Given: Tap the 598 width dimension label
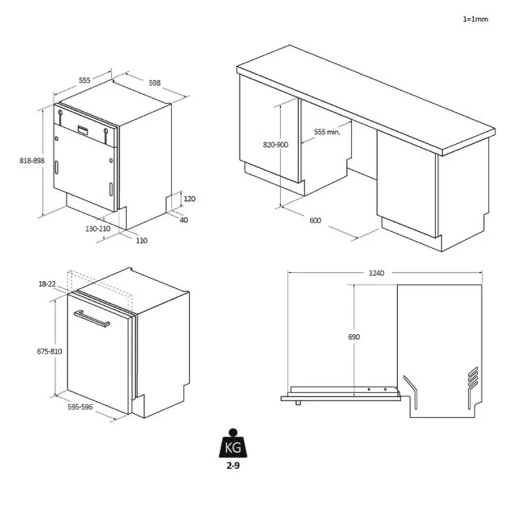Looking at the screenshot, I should point(155,83).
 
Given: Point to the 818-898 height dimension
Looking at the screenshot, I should point(32,161).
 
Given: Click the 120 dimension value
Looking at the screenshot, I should point(190,199).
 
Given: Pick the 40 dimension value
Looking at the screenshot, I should point(184,220).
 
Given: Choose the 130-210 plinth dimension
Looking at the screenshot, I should point(98,229).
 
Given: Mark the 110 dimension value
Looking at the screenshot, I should point(142,241).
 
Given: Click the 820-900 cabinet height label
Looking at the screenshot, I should point(276,145).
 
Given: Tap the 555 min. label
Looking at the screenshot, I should point(327,132).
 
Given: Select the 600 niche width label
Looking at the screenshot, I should point(315,220).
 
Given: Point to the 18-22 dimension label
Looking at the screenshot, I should point(47,284).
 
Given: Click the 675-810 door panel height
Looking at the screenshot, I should point(49,351).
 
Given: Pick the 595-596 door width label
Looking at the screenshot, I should point(80,407).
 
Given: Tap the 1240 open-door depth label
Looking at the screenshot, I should point(376,273).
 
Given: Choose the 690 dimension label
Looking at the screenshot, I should point(354,337).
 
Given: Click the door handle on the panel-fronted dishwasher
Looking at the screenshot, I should point(92,318).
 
